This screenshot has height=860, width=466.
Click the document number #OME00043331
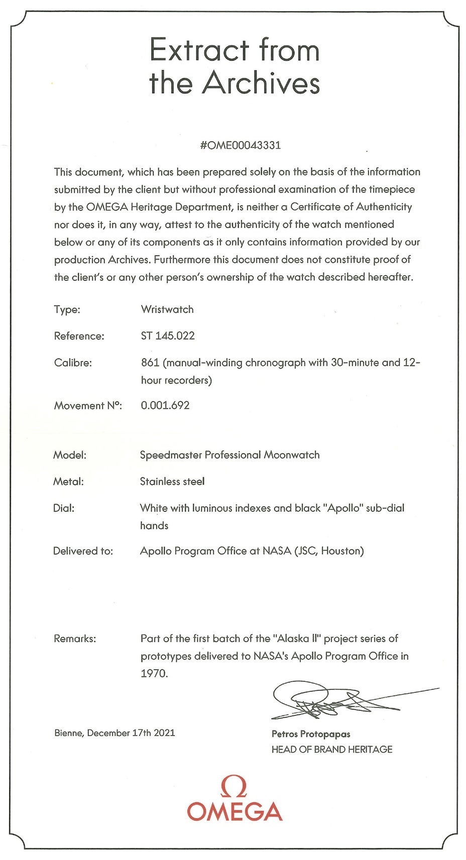point(240,146)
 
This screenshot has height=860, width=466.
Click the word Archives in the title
point(261,83)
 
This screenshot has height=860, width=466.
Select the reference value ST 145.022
point(167,336)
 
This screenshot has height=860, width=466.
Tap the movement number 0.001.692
point(165,406)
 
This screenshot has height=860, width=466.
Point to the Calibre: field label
point(73,363)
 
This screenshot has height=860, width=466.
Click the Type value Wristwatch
point(167,309)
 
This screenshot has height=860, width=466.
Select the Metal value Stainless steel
point(172,481)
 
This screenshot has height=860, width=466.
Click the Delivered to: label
point(83,551)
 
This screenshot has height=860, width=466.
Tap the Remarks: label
point(75,639)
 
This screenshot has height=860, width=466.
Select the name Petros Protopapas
point(311,734)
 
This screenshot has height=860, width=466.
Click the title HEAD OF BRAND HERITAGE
point(332,750)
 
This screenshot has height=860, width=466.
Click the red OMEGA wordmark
point(235,812)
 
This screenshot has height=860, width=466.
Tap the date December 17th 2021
point(131,733)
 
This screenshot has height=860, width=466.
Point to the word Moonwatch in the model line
point(292,455)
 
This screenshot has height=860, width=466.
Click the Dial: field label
point(64,508)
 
